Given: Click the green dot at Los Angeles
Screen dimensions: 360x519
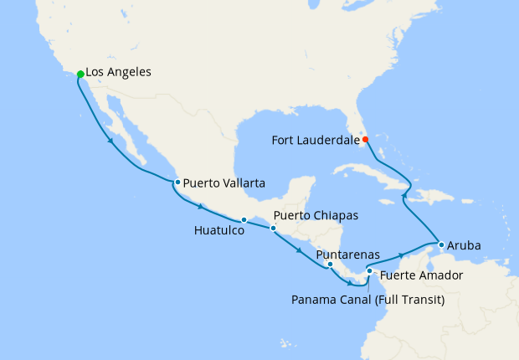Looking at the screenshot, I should (80, 75).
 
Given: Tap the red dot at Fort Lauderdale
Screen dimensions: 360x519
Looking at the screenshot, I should (365, 139).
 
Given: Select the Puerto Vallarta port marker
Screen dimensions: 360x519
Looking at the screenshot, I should (177, 182).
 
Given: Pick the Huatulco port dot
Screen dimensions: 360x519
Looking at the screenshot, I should (244, 220).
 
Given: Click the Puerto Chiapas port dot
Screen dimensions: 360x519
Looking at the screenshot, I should (273, 228).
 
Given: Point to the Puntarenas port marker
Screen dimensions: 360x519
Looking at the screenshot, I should (330, 265).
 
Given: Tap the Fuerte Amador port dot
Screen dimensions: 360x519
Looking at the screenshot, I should (370, 271).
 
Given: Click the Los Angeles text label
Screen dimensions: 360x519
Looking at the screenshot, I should (119, 73).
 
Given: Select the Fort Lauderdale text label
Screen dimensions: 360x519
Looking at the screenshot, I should (315, 140).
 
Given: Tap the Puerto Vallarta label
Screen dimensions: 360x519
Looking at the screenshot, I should (224, 182).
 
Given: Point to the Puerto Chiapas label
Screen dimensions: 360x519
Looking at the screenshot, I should (316, 216).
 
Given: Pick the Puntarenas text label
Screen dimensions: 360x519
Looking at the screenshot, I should (349, 254).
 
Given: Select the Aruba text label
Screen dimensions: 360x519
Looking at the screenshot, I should (464, 246).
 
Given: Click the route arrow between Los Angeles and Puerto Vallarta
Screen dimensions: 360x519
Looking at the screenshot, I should (111, 141).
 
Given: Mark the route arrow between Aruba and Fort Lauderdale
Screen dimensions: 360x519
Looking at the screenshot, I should (405, 196).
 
